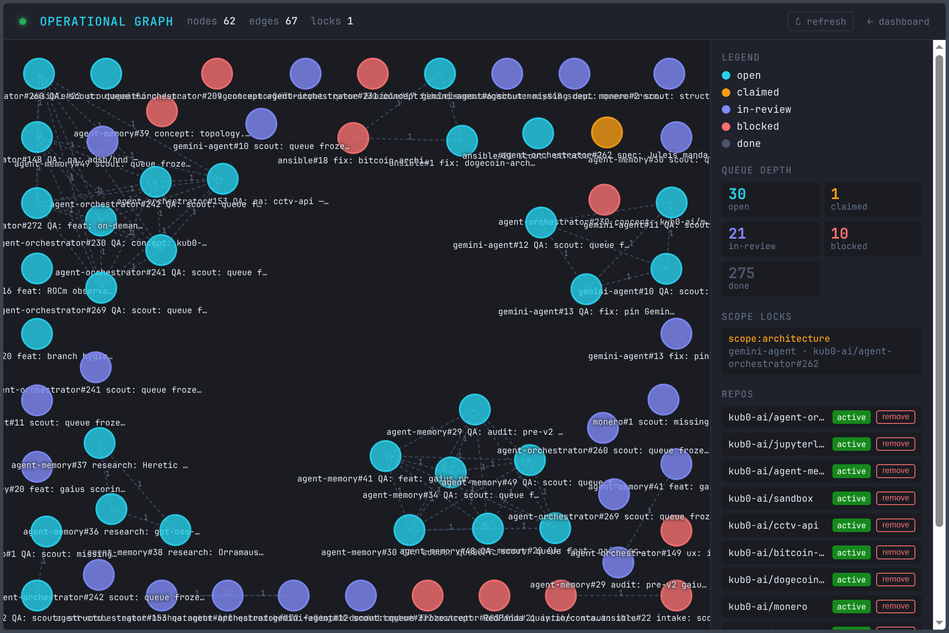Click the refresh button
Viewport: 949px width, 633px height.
820,21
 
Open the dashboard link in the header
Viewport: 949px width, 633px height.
898,21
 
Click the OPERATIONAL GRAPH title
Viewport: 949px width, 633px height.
106,21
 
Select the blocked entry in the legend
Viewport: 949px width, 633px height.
757,126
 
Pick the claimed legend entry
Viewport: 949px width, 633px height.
757,92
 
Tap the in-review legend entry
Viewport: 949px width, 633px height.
763,109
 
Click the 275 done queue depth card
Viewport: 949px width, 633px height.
770,279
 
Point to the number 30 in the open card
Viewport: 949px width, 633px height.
737,194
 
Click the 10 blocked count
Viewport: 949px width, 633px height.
839,234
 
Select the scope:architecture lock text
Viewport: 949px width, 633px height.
779,338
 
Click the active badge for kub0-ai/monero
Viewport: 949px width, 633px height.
851,606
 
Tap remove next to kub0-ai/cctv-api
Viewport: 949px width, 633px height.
896,525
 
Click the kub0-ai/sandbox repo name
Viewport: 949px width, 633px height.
770,498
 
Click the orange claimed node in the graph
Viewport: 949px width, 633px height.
607,133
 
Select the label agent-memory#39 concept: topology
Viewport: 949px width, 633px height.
162,133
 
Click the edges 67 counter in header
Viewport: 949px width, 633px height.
273,21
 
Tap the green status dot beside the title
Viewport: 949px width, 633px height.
23,21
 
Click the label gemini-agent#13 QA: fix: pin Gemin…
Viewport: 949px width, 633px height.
586,311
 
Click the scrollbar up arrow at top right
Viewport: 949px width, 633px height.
939,47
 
